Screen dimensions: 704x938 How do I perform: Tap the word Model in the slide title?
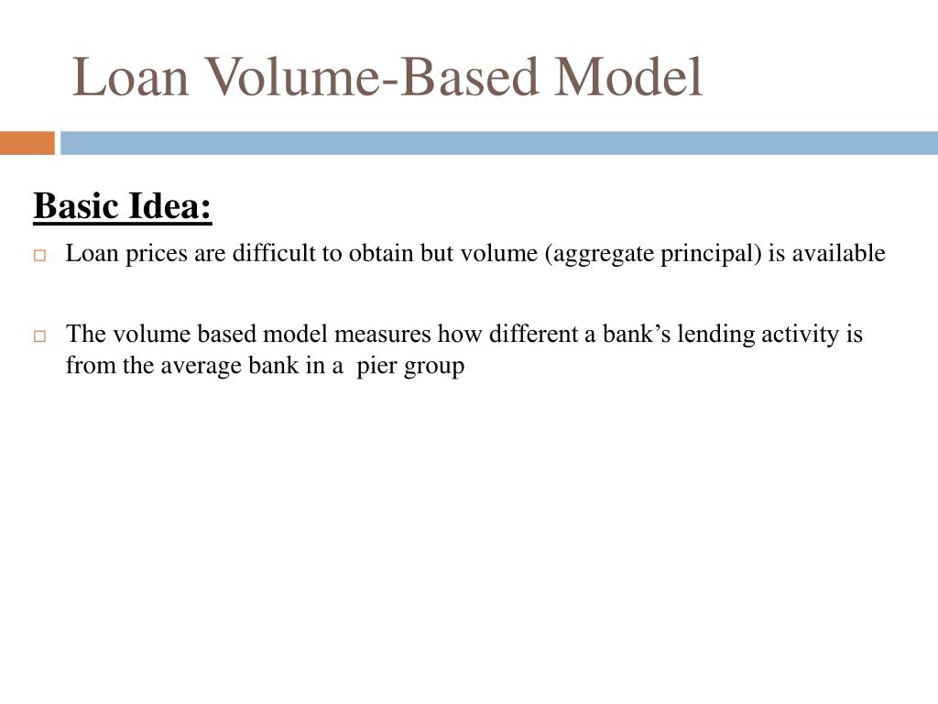pyautogui.click(x=628, y=77)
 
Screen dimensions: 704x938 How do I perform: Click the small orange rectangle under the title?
pyautogui.click(x=27, y=143)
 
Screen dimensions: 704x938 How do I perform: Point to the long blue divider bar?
pyautogui.click(x=499, y=143)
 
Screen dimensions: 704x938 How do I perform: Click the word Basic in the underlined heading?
pyautogui.click(x=76, y=206)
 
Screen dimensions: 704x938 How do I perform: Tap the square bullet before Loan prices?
pyautogui.click(x=39, y=255)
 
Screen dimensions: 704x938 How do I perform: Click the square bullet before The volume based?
pyautogui.click(x=39, y=335)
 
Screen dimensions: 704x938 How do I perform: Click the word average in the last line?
pyautogui.click(x=201, y=366)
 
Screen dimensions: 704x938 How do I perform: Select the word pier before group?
pyautogui.click(x=376, y=367)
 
